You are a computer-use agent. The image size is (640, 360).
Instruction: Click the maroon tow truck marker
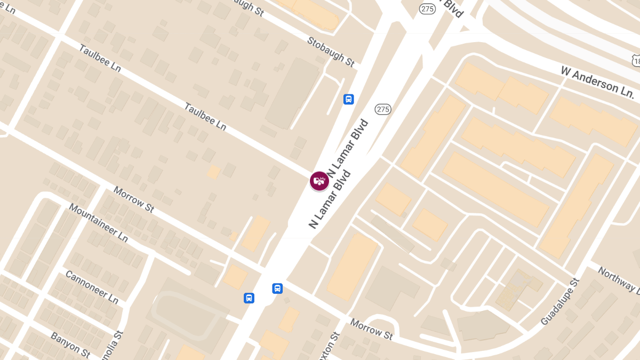click(319, 180)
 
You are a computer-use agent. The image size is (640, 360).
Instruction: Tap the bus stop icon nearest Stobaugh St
click(348, 99)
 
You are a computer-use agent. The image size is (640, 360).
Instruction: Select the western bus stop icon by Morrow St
click(249, 298)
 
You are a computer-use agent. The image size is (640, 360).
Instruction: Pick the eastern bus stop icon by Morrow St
click(277, 289)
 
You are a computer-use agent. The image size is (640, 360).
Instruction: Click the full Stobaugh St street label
click(331, 52)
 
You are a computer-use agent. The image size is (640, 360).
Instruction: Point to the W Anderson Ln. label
click(596, 81)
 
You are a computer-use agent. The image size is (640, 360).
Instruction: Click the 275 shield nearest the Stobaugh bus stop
click(383, 109)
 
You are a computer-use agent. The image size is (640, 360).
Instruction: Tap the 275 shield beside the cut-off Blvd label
click(427, 9)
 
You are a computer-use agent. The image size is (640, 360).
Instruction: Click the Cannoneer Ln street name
click(92, 286)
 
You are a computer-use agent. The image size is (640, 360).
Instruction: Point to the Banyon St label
click(70, 345)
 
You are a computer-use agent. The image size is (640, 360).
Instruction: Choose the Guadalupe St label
click(559, 302)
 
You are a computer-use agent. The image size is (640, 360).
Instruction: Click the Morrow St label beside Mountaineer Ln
click(133, 199)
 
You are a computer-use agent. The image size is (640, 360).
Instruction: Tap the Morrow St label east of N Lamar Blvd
click(371, 329)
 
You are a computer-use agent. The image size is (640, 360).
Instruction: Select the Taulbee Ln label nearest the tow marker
click(205, 116)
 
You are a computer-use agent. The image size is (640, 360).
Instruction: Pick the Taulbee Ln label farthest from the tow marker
click(100, 58)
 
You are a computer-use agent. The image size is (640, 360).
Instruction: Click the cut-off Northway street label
click(619, 279)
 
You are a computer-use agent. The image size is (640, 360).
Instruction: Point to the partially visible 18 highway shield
click(636, 61)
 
